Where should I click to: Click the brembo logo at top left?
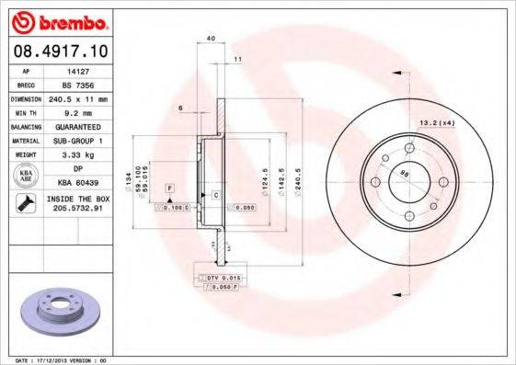click(59, 19)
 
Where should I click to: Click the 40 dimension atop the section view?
click(211, 38)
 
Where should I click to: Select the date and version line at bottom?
click(56, 359)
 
